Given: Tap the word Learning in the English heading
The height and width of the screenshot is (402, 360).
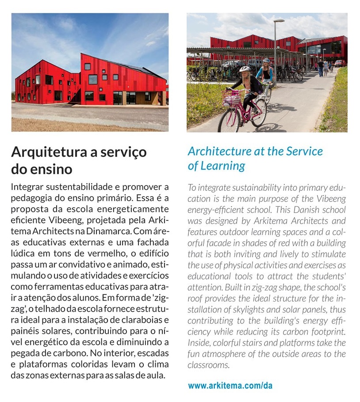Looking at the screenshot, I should coord(222,166).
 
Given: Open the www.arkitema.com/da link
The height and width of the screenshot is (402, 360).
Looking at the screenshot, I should coord(230,386).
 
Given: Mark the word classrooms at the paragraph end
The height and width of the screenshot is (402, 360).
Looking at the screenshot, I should coord(208,365).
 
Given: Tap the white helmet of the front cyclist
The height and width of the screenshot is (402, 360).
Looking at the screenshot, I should coord(245,69).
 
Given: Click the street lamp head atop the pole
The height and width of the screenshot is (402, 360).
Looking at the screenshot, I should coord(279,20).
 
